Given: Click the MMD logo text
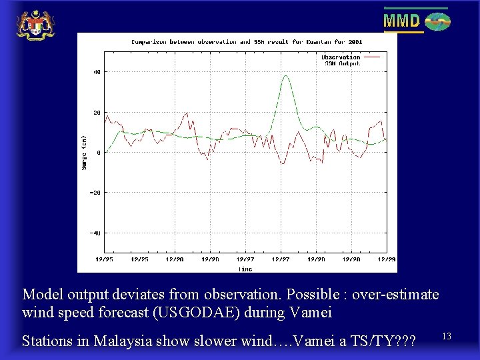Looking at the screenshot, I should click(x=401, y=21).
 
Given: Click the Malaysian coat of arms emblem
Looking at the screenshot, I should click(x=35, y=25).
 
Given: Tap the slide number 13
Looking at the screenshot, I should click(x=446, y=337).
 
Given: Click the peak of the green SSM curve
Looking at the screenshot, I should click(x=286, y=76).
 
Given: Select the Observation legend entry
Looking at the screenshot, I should click(x=341, y=57).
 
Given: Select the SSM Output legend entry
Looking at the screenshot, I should click(x=341, y=63).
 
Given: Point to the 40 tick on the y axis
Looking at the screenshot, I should click(x=97, y=72).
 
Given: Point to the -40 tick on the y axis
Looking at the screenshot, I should click(x=95, y=233).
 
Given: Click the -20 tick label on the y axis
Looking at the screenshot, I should click(x=95, y=193).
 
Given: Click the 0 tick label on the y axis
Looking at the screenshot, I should click(x=98, y=153).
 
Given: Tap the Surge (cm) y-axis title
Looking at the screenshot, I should click(x=85, y=153).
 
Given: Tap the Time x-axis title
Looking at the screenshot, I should click(x=245, y=269).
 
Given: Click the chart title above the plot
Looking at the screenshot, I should click(x=247, y=41).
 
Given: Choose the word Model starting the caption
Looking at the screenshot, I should click(x=41, y=294).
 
